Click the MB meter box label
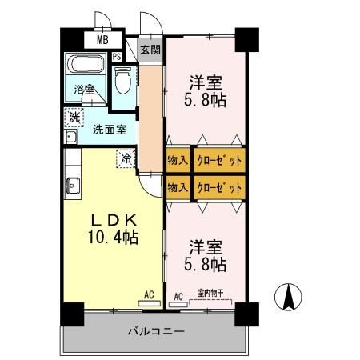[x=102, y=39]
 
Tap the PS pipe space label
[x=117, y=56]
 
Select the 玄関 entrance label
[x=150, y=49]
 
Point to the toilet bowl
[x=122, y=82]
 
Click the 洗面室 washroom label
[x=108, y=129]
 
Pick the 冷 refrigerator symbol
[x=126, y=158]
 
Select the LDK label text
[x=114, y=219]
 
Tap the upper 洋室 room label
[x=204, y=82]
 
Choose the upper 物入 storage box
[x=178, y=161]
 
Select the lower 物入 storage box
[x=178, y=187]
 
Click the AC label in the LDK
[x=149, y=295]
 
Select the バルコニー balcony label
[x=156, y=330]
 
